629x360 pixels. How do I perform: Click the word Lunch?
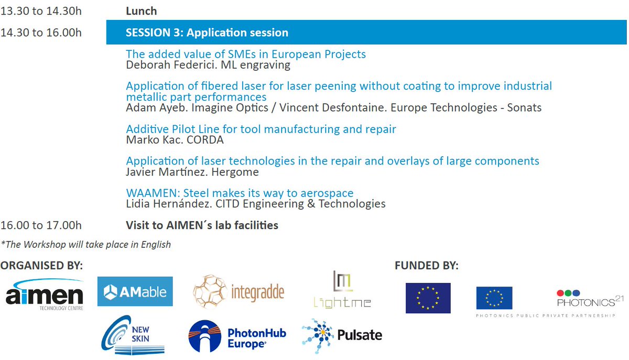tap(141, 10)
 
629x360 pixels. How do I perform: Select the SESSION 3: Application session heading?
tap(207, 32)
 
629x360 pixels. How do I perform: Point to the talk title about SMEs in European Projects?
tap(246, 54)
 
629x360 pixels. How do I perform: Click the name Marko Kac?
tap(149, 140)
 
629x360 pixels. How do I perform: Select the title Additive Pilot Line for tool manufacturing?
tap(261, 129)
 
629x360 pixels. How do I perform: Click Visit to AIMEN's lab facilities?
tap(202, 225)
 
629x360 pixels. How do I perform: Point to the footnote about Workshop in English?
tap(86, 244)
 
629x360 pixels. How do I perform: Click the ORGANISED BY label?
tap(41, 266)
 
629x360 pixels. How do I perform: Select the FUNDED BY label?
tap(426, 266)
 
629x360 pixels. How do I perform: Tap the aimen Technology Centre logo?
tap(45, 295)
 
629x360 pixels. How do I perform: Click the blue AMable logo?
tap(135, 291)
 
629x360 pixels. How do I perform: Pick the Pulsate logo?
tap(342, 335)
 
